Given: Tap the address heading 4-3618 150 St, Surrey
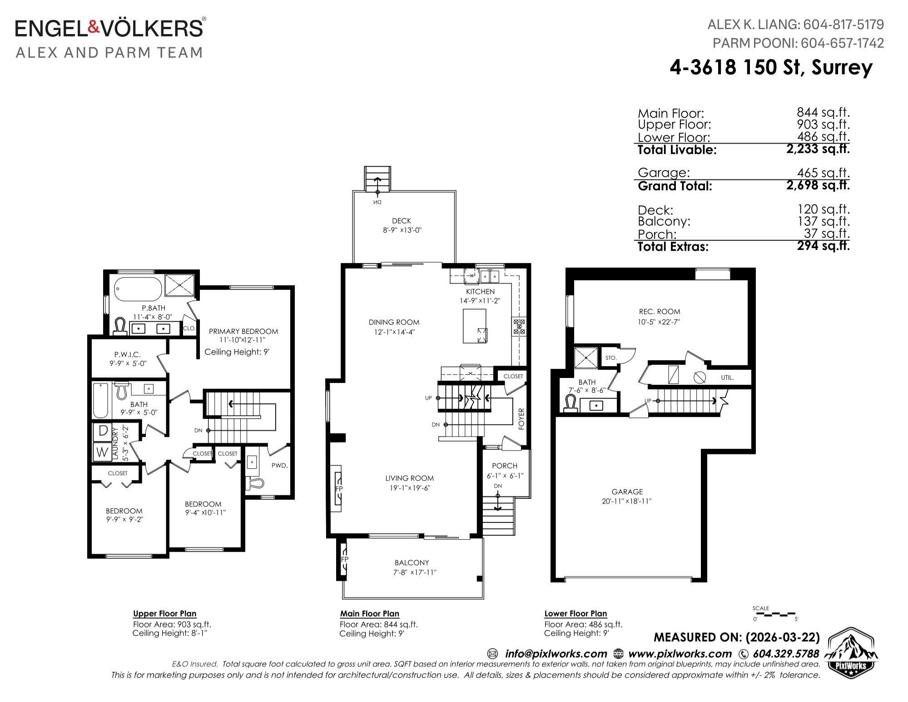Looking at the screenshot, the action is (x=771, y=67).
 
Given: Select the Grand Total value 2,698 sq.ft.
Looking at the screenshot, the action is (x=818, y=185).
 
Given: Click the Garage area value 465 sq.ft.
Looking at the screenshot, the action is (x=823, y=173).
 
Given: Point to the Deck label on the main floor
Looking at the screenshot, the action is (x=402, y=221).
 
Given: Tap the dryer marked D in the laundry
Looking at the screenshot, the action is (x=103, y=431).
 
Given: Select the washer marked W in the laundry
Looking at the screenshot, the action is (x=103, y=452).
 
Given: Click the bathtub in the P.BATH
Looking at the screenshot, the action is (x=137, y=288).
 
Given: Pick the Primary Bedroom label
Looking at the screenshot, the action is (x=243, y=331).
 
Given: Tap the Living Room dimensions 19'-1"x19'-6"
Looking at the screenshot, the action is (x=410, y=488).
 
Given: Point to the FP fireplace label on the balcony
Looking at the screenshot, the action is (x=344, y=559).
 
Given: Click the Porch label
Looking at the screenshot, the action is (x=505, y=466).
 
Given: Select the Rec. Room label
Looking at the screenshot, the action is (x=660, y=312).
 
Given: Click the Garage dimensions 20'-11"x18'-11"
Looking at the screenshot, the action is (x=627, y=501).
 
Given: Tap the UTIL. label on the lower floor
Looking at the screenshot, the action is (x=727, y=378).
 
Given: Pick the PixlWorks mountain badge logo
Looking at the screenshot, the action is (x=850, y=650).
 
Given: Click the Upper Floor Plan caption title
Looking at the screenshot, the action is (x=165, y=613).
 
